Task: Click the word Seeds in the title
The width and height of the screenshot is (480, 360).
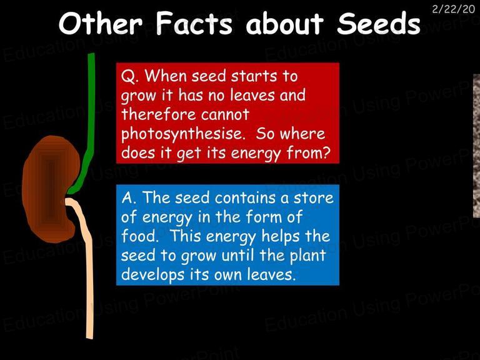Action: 379,24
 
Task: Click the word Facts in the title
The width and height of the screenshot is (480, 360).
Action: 194,23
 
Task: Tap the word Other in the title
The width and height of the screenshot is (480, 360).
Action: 101,23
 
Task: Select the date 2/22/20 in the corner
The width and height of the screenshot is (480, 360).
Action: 453,9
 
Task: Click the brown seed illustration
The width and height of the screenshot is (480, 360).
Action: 51,188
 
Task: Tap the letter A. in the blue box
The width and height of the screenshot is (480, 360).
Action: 129,198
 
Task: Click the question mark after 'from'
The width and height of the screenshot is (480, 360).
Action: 326,152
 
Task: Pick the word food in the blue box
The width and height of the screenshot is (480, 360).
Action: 140,236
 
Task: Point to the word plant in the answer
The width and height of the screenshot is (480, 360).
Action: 307,256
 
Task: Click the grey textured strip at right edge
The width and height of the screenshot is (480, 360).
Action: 477,146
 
